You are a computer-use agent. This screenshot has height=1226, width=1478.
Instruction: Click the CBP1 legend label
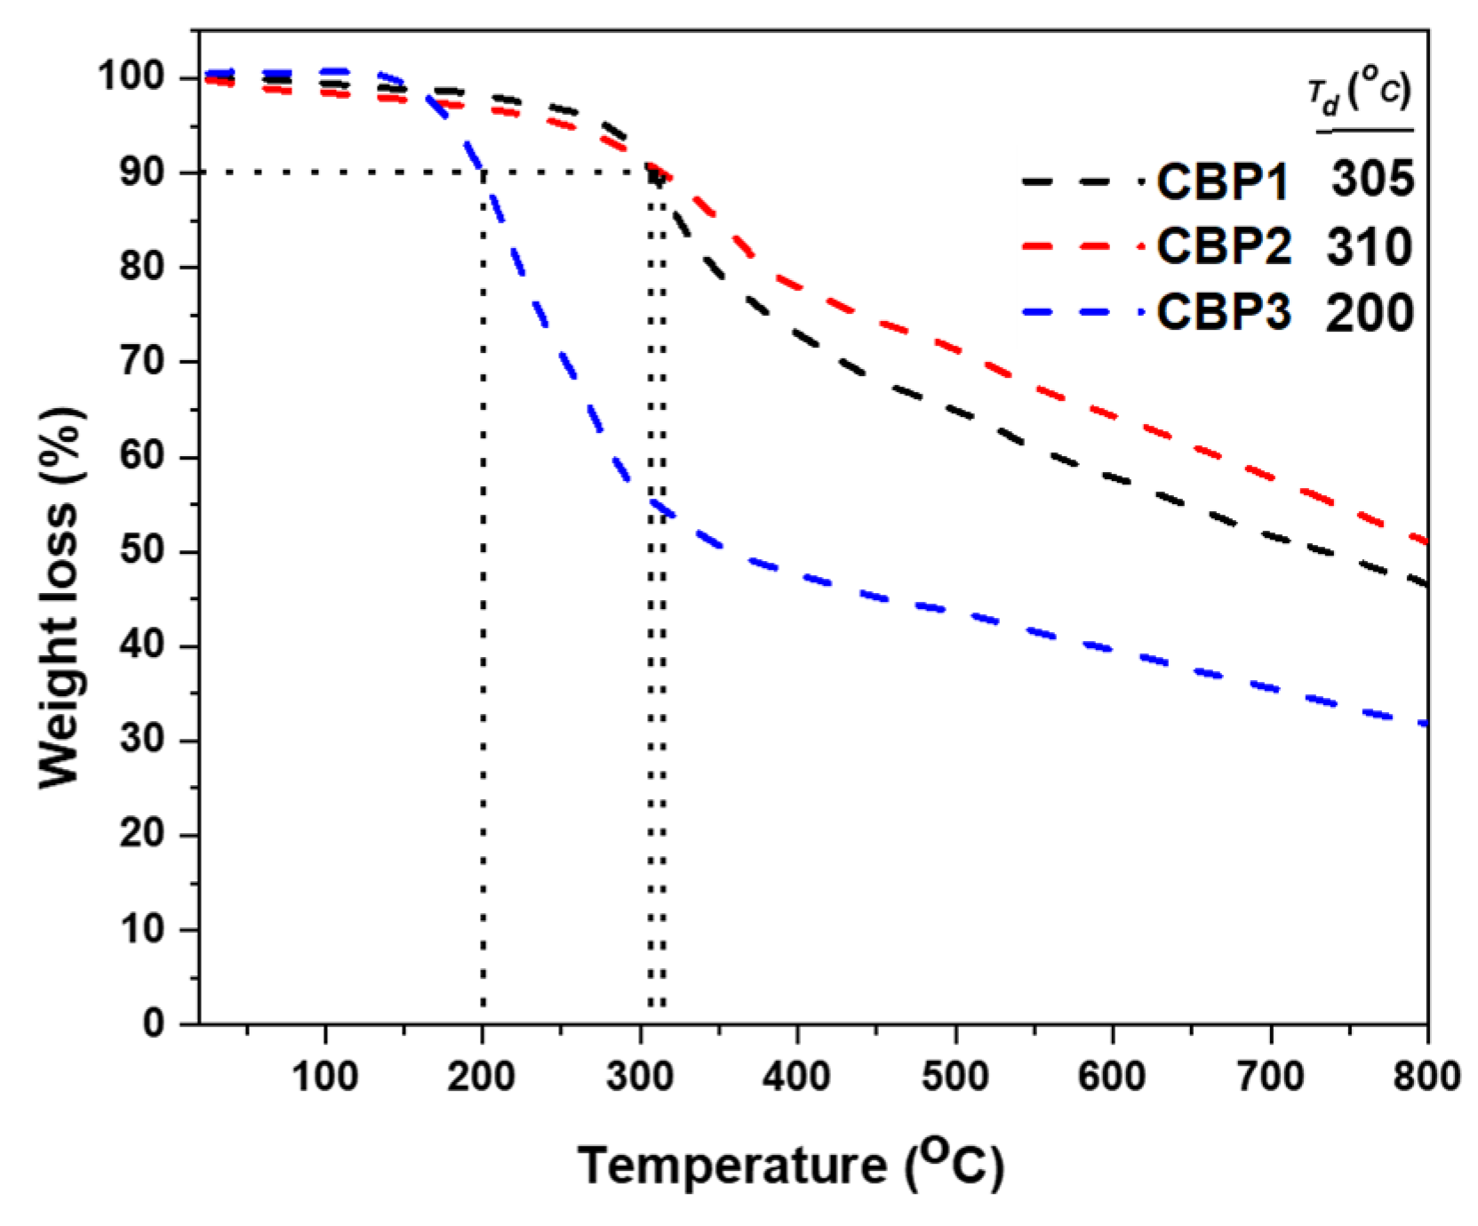(1222, 181)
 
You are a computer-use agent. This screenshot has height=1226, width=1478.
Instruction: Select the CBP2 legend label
(1223, 246)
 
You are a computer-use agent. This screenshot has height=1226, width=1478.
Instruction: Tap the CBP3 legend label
(1223, 313)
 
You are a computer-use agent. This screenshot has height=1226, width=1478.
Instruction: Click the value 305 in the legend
(1371, 180)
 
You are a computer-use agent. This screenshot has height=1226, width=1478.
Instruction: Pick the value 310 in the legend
(1369, 246)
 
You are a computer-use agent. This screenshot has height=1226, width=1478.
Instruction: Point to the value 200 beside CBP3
(1369, 313)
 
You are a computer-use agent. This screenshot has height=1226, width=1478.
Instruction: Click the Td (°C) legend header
(1359, 93)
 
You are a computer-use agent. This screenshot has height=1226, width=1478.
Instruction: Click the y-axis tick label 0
(154, 1023)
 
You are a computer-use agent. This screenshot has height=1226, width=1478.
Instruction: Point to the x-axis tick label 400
(796, 1077)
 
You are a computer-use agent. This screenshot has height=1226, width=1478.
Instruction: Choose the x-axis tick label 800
(1426, 1077)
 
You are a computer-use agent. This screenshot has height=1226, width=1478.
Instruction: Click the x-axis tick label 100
(324, 1077)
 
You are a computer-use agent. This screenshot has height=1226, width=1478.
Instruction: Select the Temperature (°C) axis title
(790, 1164)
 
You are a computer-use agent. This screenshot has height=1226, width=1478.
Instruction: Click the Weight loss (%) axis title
(60, 597)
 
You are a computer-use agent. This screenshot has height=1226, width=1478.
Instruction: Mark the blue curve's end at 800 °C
(1426, 725)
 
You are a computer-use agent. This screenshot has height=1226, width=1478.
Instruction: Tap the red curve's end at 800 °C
(1426, 541)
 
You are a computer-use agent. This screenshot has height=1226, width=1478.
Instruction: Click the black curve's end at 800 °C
(1426, 584)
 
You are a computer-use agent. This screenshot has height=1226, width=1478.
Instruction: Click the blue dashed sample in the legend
(1079, 313)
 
